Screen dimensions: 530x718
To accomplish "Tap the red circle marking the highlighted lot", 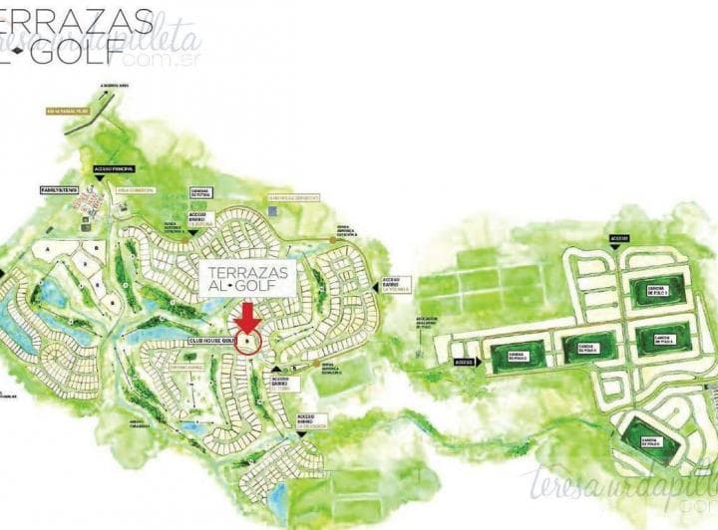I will [248, 340].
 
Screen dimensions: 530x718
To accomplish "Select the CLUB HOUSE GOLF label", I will [203, 342].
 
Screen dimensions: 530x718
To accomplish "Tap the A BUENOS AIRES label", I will [116, 87].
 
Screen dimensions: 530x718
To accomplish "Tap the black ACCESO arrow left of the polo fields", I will [464, 364].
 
